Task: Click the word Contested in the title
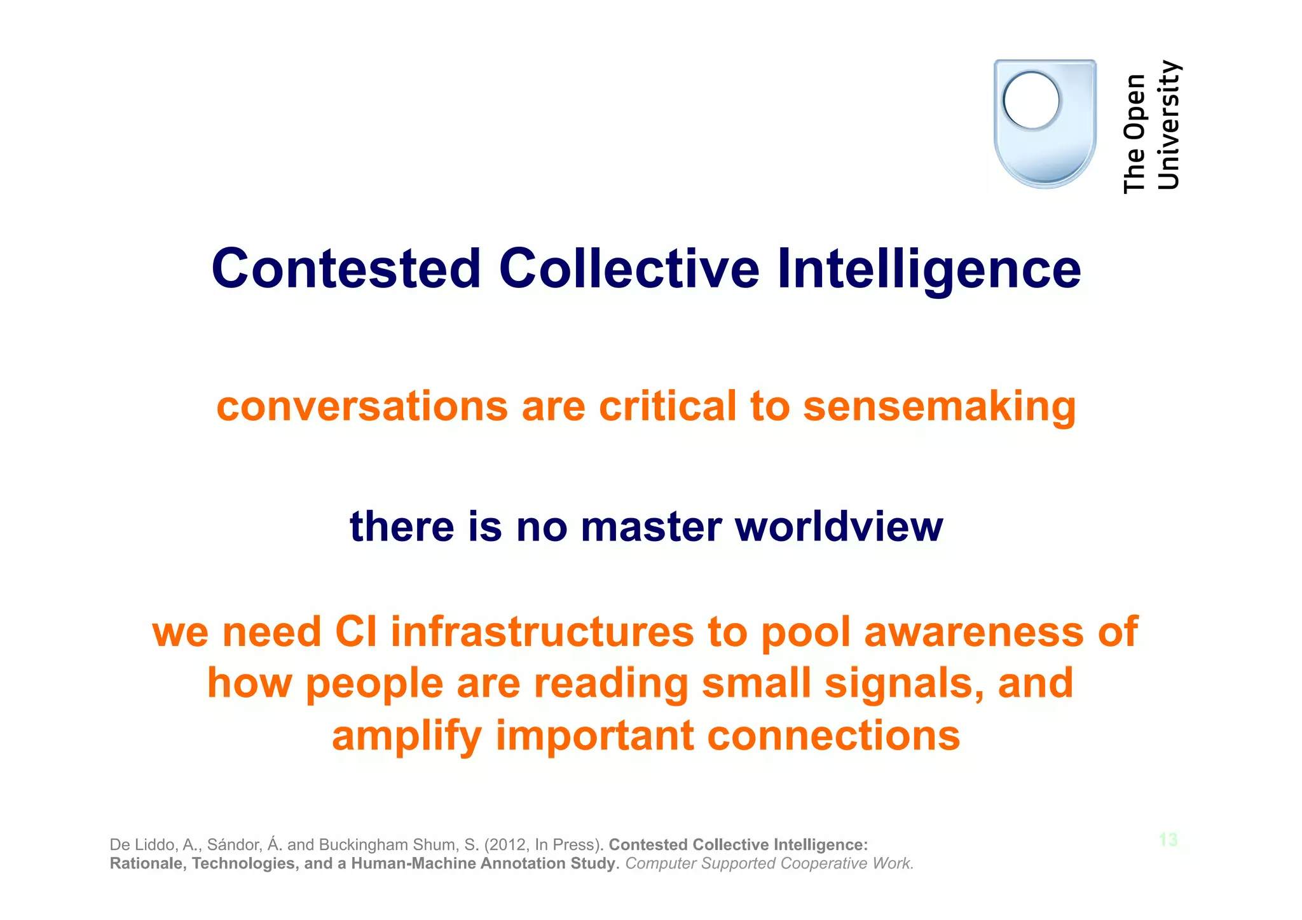(x=346, y=269)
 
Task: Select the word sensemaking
(x=939, y=406)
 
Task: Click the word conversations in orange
(x=362, y=407)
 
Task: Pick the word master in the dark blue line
(x=651, y=527)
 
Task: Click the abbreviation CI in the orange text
(x=355, y=632)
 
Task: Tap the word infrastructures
(x=542, y=632)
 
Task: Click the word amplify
(x=406, y=736)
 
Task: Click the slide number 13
(x=1168, y=840)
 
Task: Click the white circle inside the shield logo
(x=1031, y=100)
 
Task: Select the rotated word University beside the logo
(x=1168, y=125)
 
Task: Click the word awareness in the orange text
(x=973, y=632)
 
